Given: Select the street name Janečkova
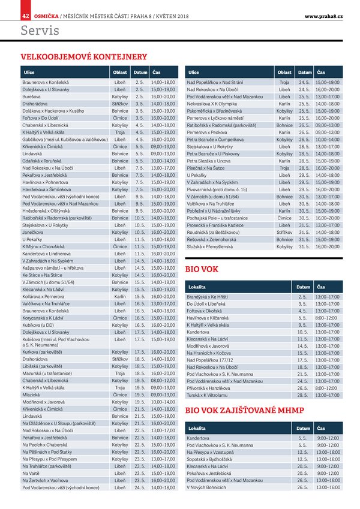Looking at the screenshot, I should (34, 232).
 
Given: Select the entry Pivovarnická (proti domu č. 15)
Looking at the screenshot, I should (225, 189).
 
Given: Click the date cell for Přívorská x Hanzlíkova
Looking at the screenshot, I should (302, 388).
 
